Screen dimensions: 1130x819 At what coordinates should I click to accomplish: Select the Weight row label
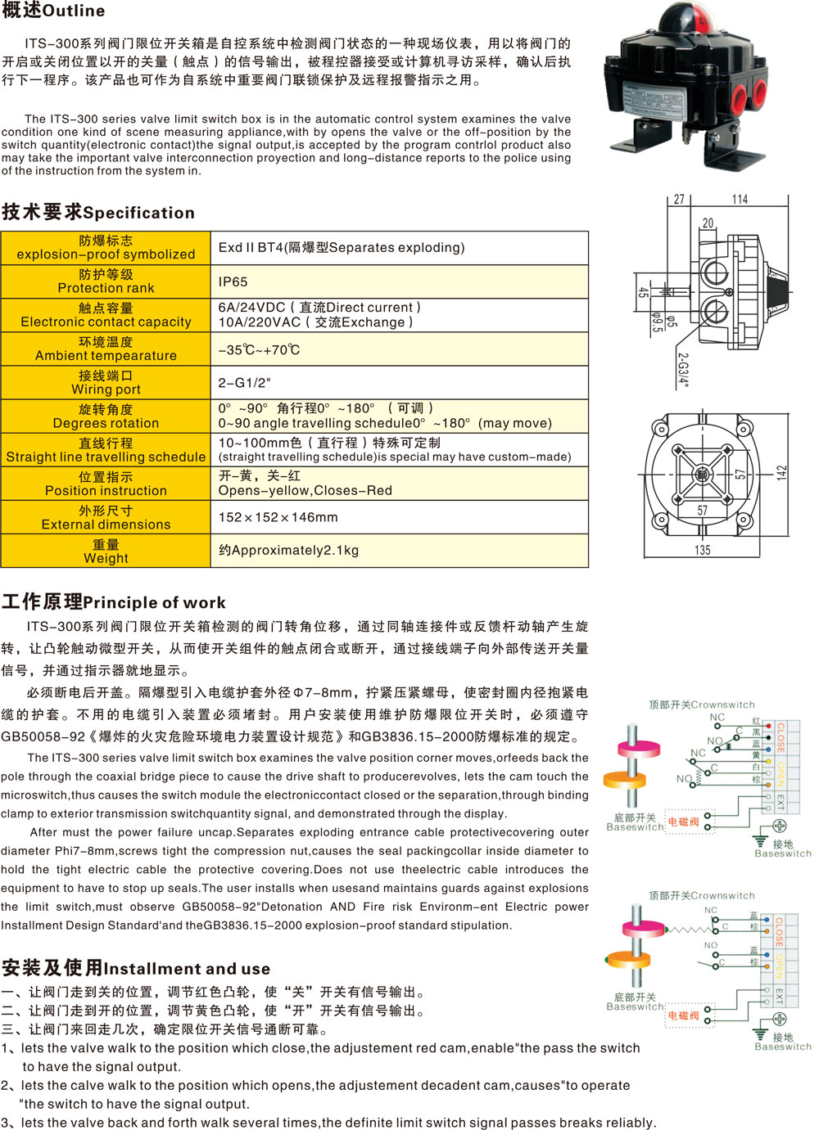pos(106,551)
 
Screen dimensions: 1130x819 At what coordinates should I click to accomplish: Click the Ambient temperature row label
pos(106,349)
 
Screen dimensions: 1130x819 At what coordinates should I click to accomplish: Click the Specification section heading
pos(98,213)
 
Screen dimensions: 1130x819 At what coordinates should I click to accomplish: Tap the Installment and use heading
pos(135,969)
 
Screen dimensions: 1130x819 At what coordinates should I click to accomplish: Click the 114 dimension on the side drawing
pos(740,199)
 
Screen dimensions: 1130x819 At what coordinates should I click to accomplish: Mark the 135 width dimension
pos(702,550)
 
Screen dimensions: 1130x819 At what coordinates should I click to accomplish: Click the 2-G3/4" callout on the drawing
pos(682,370)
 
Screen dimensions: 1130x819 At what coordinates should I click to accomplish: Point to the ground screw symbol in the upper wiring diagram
pos(780,827)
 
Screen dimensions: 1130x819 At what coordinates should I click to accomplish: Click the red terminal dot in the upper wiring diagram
pos(768,726)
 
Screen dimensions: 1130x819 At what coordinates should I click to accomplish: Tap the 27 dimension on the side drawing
pos(679,199)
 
